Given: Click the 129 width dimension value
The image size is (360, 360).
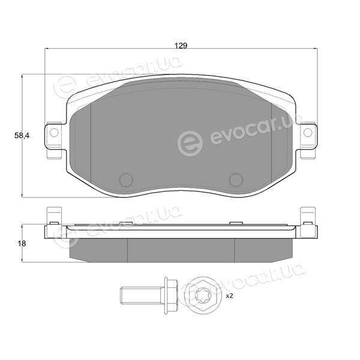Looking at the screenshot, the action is pos(181,46).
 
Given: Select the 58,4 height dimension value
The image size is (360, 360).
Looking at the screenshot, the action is pos(22,136).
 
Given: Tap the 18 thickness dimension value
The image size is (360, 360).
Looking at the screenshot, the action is pos(22,244).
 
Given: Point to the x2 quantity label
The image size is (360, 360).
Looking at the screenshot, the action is pos(229,296).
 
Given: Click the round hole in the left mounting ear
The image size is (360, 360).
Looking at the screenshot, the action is pos(54,133).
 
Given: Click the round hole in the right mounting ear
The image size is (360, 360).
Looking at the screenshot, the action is pos(308,133).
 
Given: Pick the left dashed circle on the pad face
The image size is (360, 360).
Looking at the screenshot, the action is pos(126,179).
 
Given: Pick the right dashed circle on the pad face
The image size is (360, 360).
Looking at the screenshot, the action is pos(236,179).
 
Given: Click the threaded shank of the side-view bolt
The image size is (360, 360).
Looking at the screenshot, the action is pos(142,296).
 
